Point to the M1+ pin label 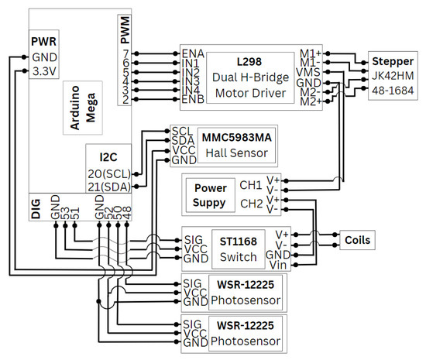point(309,53)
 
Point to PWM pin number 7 point(125,53)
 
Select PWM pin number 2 point(125,101)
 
